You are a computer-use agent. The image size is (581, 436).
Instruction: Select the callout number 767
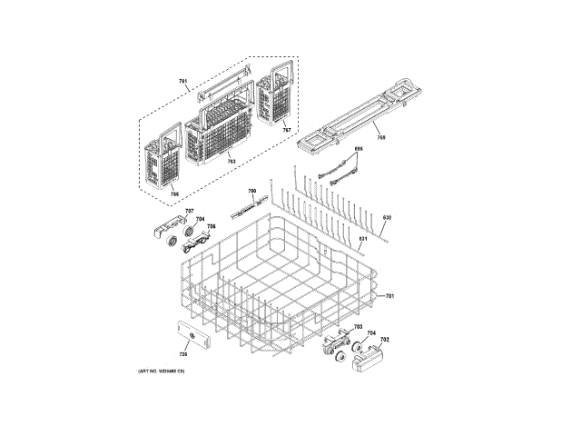pyautogui.click(x=286, y=130)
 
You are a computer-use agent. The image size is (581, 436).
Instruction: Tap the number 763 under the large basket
pyautogui.click(x=231, y=162)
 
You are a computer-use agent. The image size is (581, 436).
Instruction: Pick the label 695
pyautogui.click(x=358, y=149)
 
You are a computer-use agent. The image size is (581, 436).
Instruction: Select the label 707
pyautogui.click(x=190, y=212)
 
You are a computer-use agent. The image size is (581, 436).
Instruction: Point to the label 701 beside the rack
pyautogui.click(x=390, y=297)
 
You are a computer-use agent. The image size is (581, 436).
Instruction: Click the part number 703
pyautogui.click(x=358, y=327)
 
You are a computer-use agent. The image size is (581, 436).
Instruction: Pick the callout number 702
pyautogui.click(x=384, y=339)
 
